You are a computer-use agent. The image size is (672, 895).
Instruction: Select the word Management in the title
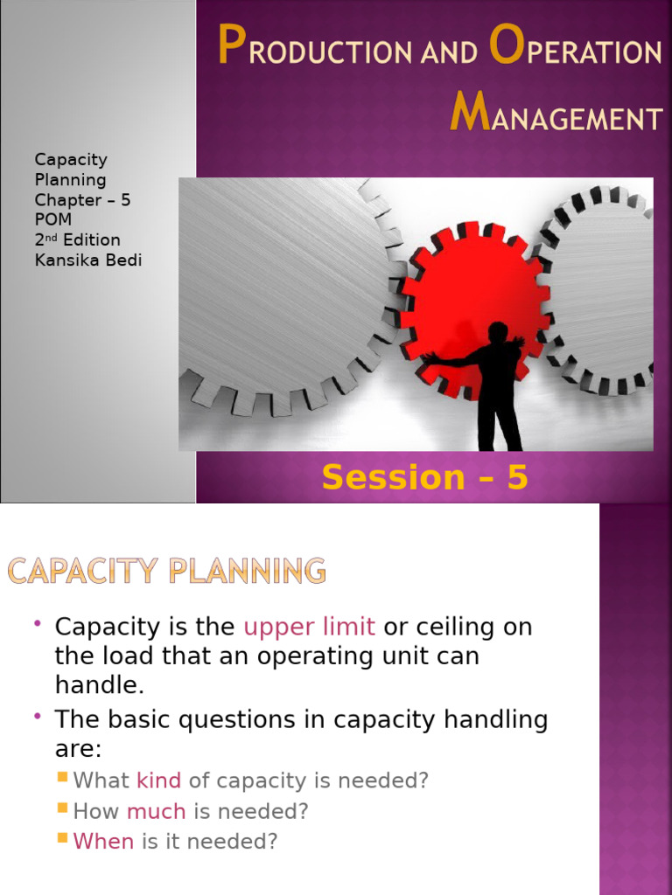coord(556,115)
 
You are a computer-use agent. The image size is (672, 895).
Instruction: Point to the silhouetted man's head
coord(497,333)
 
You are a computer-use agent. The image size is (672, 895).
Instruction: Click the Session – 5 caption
coord(424,477)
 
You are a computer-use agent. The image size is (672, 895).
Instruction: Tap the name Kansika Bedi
coord(87,260)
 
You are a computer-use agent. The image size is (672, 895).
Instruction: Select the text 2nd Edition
coord(77,239)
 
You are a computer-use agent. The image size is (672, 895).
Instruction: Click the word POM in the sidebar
coord(52,219)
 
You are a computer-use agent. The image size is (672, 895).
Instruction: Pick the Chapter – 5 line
coord(82,199)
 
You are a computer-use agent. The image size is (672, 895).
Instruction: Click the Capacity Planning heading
coord(167,572)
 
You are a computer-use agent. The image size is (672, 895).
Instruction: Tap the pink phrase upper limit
coord(309,627)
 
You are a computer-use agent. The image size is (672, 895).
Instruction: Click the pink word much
coord(156,811)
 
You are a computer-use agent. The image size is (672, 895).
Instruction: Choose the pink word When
coord(103,842)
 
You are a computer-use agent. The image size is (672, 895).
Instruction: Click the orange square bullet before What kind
coord(62,777)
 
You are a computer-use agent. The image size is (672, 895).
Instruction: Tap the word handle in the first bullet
coord(96,684)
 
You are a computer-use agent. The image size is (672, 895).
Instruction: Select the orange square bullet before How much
coord(62,808)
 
